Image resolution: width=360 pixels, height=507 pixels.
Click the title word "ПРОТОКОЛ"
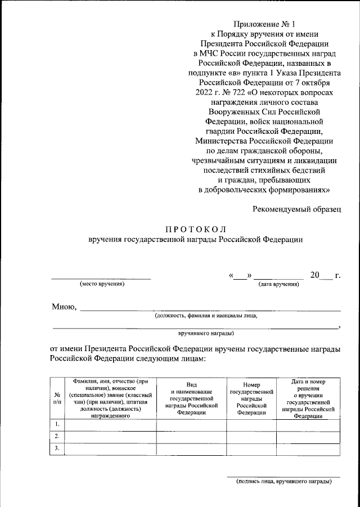click(x=195, y=229)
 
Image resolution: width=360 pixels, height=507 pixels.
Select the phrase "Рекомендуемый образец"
click(x=296, y=209)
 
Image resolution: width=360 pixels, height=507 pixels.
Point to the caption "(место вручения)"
click(x=101, y=284)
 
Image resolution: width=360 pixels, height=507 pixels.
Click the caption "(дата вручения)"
click(x=278, y=284)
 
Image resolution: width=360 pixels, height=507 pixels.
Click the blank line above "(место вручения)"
click(x=101, y=277)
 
